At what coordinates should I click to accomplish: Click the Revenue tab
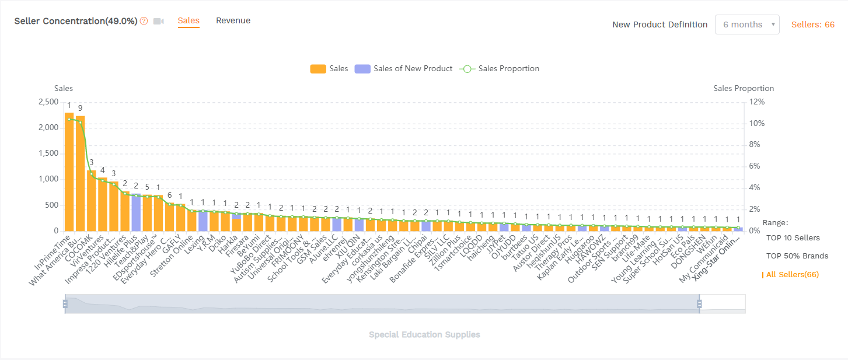click(233, 21)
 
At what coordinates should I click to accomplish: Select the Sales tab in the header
click(189, 21)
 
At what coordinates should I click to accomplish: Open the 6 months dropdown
click(746, 25)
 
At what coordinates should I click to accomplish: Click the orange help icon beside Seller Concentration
click(144, 22)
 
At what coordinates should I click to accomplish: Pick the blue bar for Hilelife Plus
click(136, 212)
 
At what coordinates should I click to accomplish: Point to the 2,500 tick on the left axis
click(47, 102)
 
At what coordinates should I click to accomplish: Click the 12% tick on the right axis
click(756, 102)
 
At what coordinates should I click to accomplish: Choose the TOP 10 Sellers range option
click(793, 238)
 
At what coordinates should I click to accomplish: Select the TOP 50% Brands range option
click(797, 256)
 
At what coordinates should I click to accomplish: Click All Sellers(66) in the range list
click(792, 275)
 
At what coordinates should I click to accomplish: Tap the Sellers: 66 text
click(812, 25)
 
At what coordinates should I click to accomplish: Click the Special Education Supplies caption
click(424, 335)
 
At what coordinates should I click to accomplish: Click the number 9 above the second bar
click(81, 108)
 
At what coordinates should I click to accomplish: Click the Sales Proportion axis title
click(744, 89)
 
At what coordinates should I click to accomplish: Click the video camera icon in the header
click(158, 22)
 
